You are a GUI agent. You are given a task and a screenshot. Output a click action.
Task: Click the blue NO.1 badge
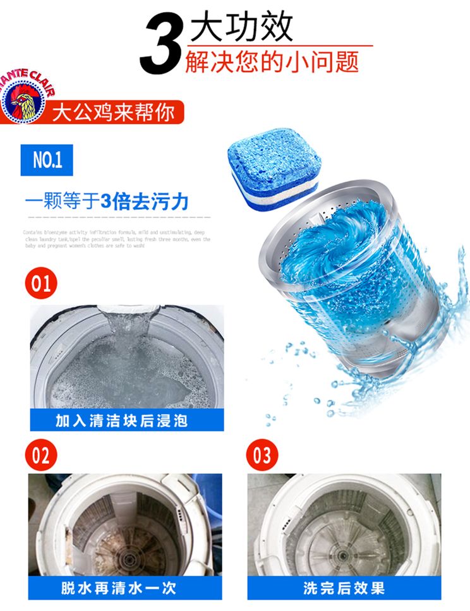(47, 160)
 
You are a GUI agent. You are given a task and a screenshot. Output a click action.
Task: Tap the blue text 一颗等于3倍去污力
(107, 202)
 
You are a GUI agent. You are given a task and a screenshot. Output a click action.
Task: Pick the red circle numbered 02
(41, 455)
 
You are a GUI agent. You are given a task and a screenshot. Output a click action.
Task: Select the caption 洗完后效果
(344, 588)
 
